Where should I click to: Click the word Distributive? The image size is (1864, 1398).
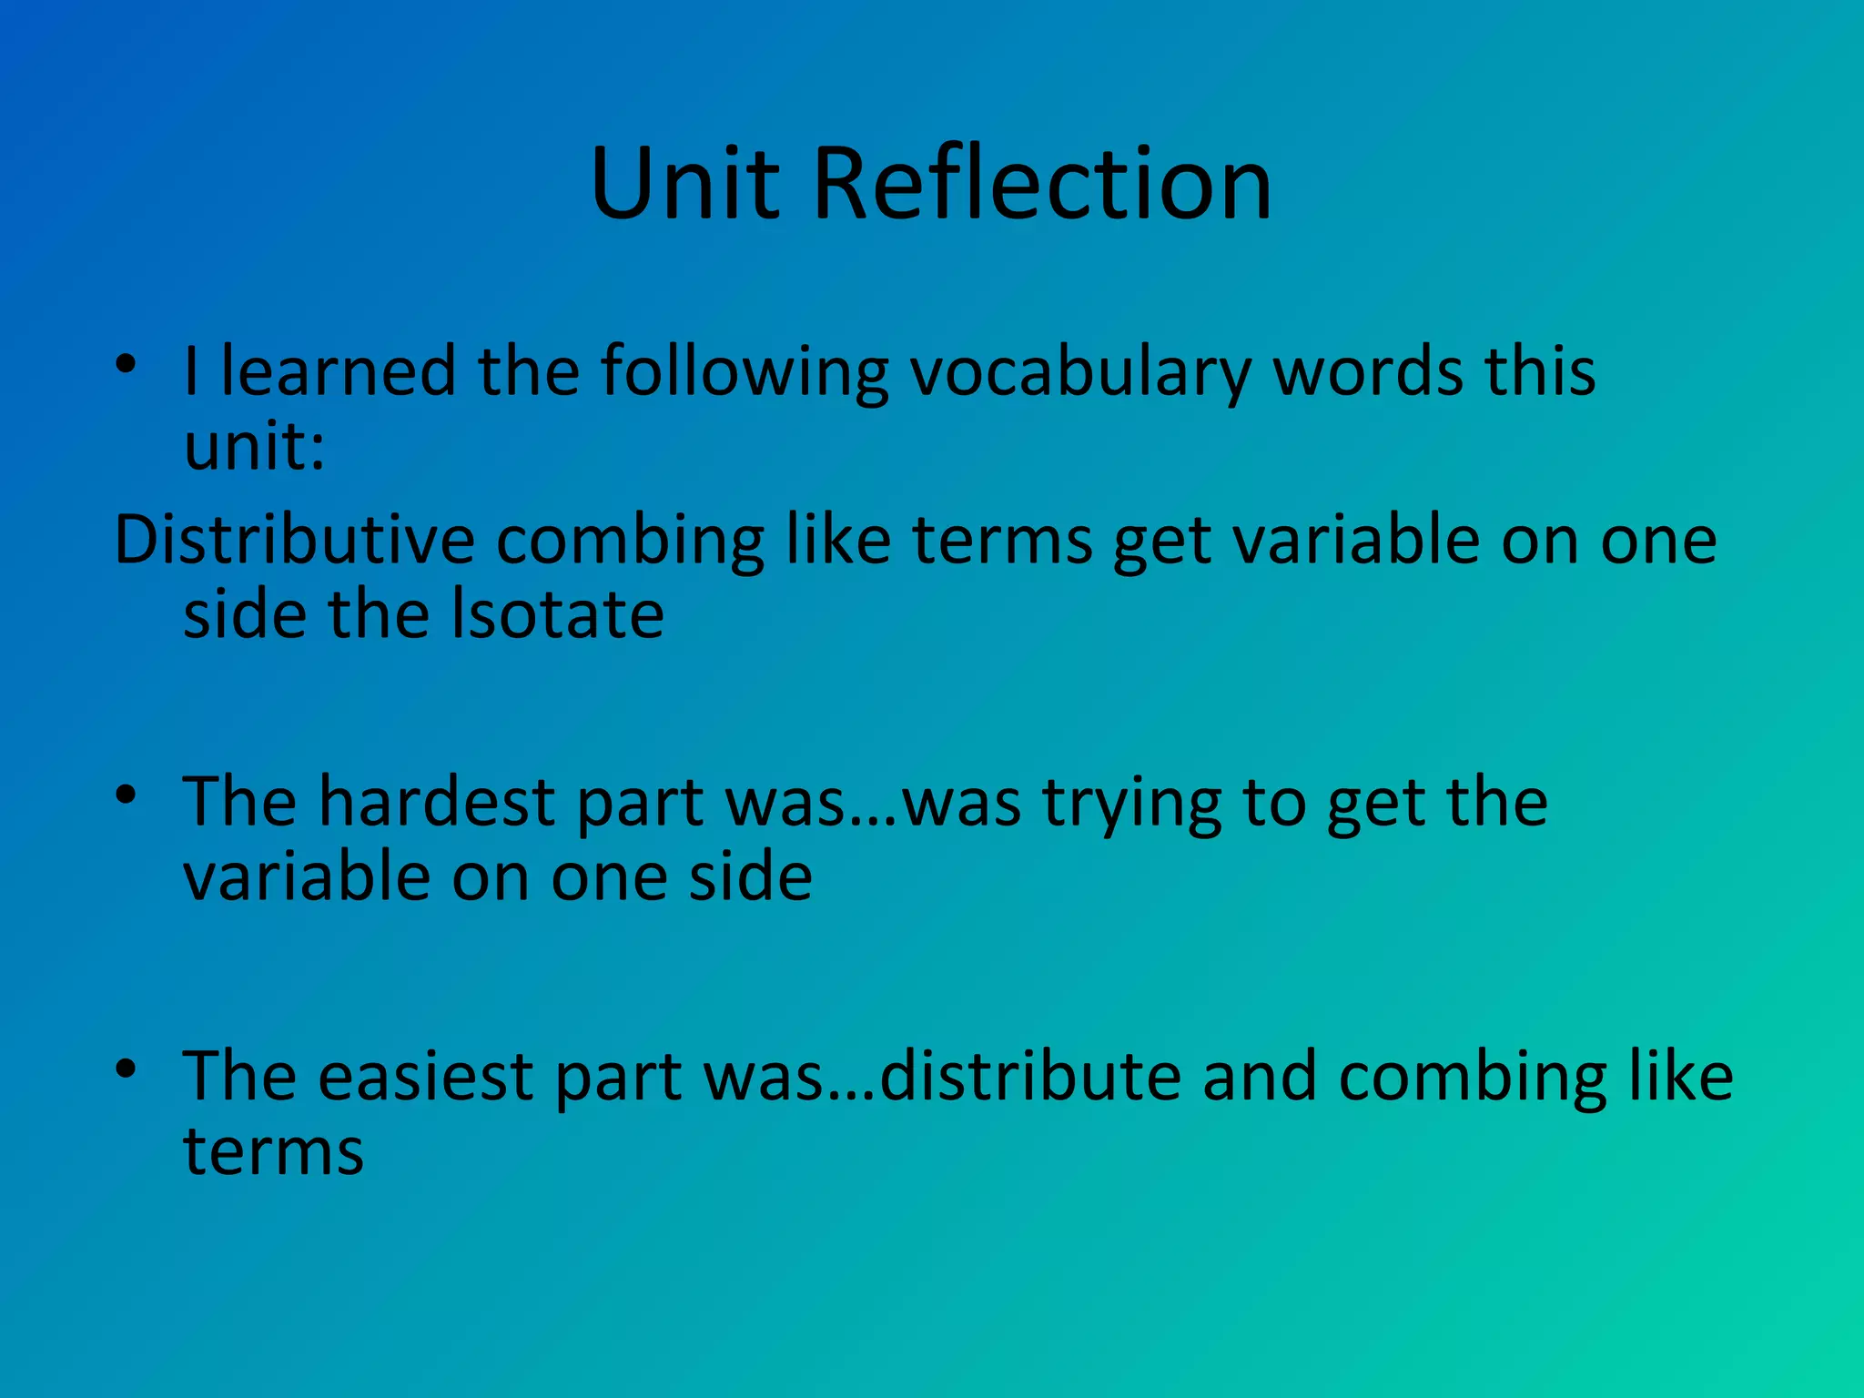(x=294, y=540)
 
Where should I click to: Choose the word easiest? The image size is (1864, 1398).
(x=425, y=1076)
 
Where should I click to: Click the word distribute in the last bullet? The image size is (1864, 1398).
(x=1030, y=1076)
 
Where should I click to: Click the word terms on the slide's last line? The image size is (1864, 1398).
(x=273, y=1151)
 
